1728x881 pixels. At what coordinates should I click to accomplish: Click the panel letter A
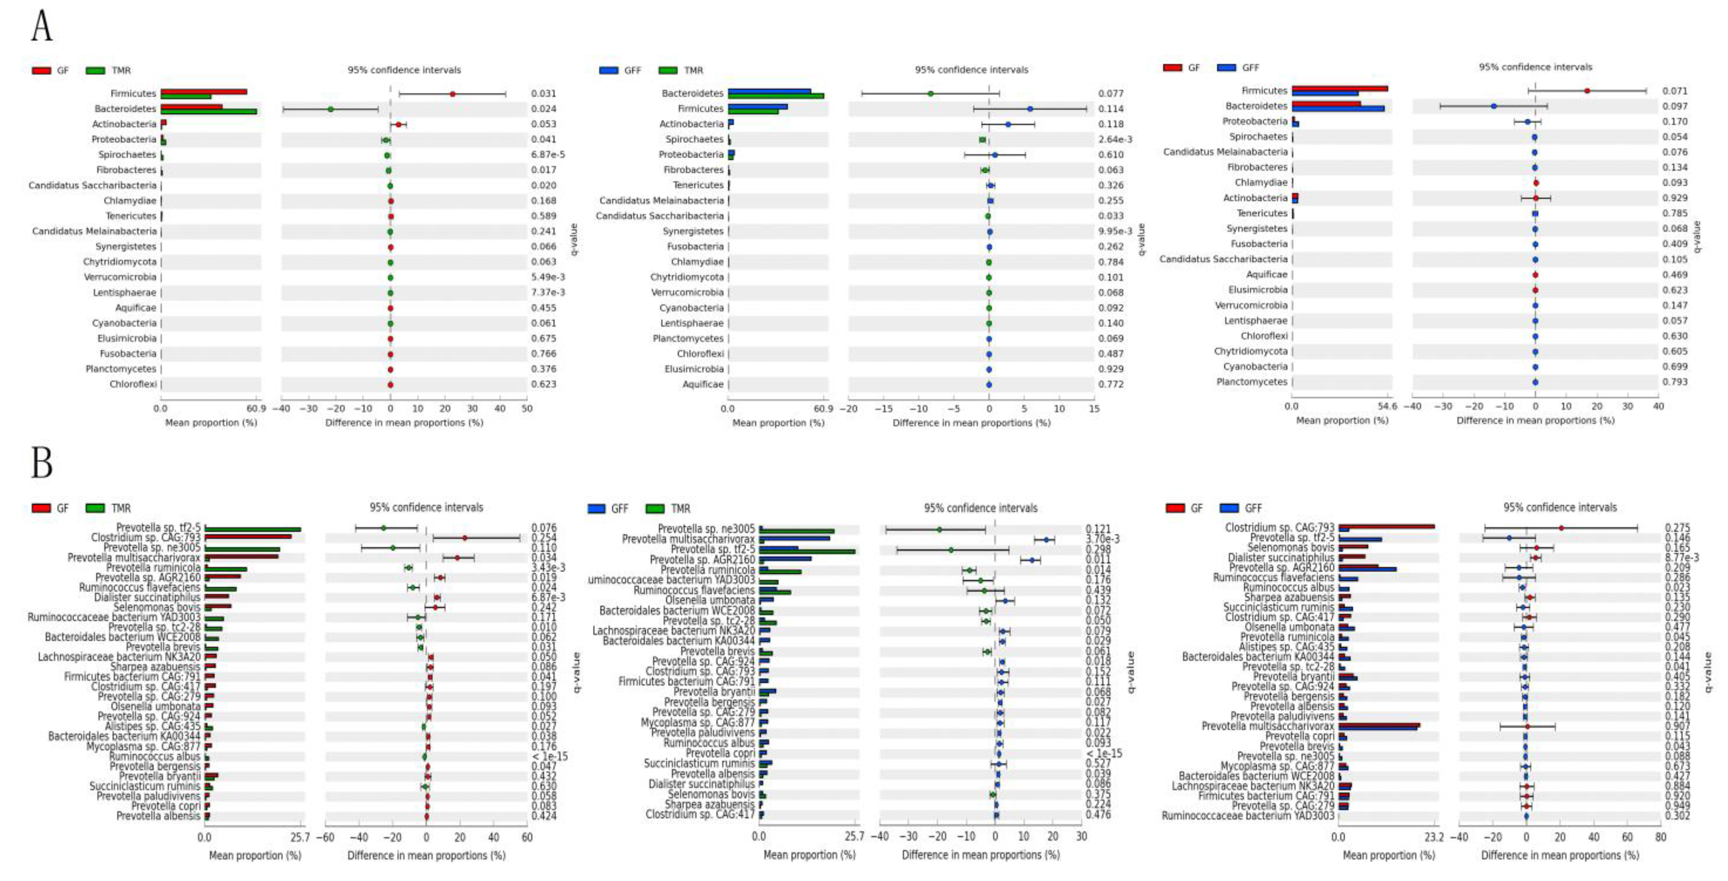[41, 27]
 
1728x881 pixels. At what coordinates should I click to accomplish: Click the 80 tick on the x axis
[1660, 837]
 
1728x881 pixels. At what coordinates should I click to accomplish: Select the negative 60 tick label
[325, 837]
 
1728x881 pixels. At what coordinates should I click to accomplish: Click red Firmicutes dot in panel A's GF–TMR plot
[452, 94]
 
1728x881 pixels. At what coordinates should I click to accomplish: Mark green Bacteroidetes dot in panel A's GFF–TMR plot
[930, 94]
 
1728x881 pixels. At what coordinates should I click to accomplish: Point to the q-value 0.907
[1677, 726]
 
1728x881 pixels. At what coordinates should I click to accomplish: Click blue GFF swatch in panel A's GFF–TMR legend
[609, 70]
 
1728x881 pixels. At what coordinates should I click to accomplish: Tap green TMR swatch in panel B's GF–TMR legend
[95, 508]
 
